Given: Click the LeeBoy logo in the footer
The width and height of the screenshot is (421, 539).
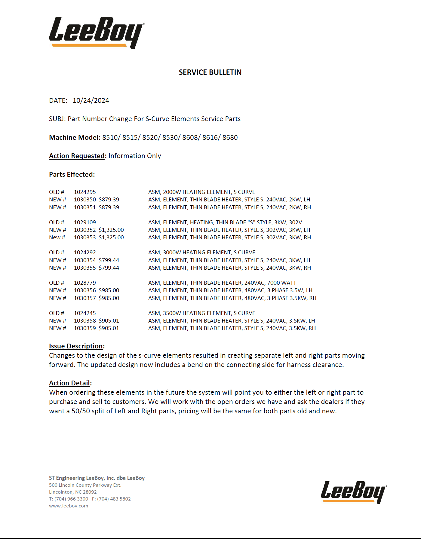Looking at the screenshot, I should click(353, 492).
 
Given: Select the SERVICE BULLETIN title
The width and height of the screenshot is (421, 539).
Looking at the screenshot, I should click(210, 72).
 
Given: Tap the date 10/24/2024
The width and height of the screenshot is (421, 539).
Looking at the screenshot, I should click(91, 101).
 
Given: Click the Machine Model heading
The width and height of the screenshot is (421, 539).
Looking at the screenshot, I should click(74, 138).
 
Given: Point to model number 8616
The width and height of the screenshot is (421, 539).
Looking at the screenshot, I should click(210, 138).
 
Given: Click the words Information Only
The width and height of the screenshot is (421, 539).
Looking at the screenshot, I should click(135, 156).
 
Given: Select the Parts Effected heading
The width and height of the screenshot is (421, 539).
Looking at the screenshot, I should click(72, 175).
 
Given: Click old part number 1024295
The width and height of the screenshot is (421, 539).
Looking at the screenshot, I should click(85, 192).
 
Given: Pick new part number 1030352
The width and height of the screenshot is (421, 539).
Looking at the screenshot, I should click(85, 230).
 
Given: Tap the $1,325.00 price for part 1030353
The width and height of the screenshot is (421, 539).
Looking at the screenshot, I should click(111, 237).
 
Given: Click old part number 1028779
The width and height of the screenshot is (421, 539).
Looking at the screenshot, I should click(85, 283).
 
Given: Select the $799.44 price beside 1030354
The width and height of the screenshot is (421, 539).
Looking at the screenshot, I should click(109, 260).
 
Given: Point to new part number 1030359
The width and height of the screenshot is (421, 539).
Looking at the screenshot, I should click(85, 328).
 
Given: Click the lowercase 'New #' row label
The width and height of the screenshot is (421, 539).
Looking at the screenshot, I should click(57, 237).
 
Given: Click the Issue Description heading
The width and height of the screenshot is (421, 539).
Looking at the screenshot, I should click(76, 346).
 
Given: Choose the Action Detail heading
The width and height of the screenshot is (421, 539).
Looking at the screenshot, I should click(70, 383).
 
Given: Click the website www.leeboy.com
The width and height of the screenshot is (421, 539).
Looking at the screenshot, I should click(69, 506).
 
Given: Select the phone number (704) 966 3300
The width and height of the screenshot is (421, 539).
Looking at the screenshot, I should click(71, 499).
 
